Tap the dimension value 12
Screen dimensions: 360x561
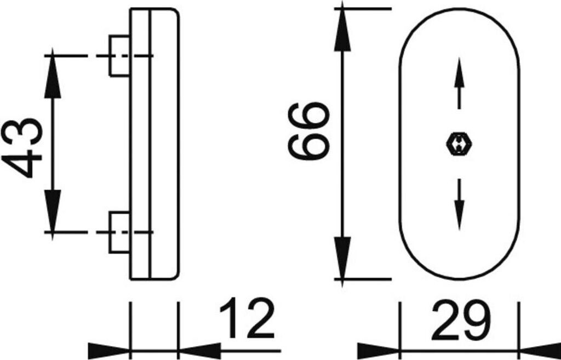tap(247, 319)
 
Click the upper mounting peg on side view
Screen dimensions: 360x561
tap(119, 56)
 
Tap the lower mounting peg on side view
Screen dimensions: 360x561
tap(119, 232)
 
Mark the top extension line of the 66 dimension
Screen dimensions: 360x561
tap(364, 9)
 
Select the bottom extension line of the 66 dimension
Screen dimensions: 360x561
tap(364, 279)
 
